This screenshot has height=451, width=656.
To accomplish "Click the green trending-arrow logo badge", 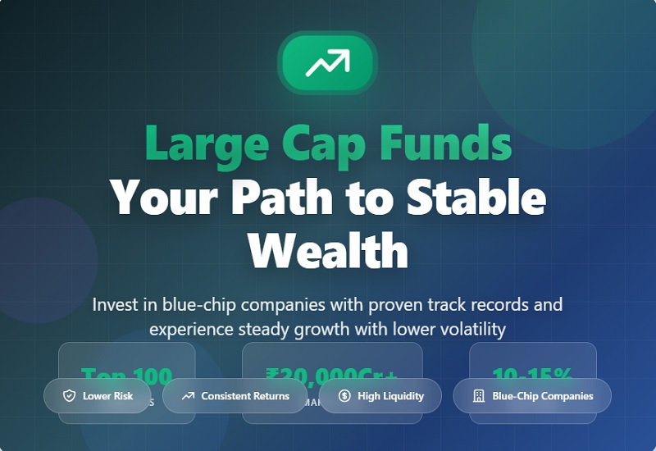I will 327,63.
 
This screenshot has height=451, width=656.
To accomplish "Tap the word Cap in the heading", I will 321,143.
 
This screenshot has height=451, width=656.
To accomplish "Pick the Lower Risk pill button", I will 98,396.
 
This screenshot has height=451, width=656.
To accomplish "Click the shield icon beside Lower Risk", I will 70,396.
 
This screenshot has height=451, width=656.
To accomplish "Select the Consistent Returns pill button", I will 235,396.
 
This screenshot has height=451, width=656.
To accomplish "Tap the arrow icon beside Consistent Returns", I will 188,396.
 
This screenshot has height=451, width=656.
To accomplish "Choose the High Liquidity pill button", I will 380,396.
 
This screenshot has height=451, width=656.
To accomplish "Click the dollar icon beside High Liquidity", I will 344,396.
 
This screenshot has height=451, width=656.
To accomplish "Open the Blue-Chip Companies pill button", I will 532,396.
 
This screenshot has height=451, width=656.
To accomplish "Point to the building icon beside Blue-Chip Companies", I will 479,396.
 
